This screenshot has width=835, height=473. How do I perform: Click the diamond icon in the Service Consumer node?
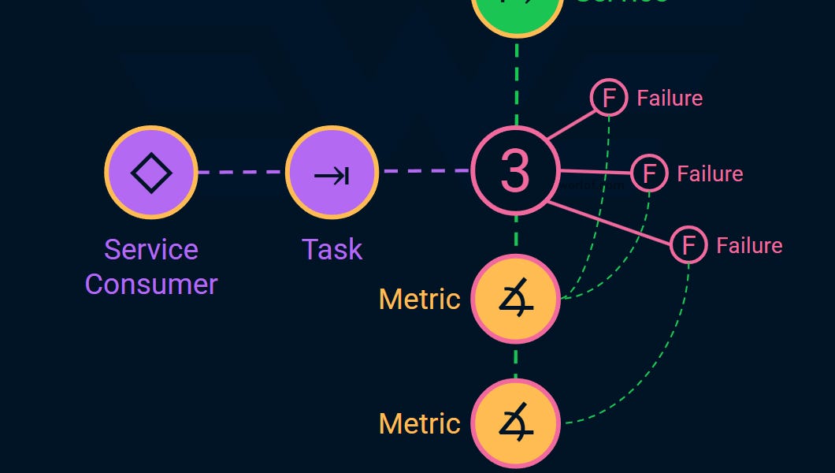tap(151, 172)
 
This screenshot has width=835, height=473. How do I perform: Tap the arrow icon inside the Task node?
tap(332, 173)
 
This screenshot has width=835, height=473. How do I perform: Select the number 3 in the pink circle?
tap(515, 170)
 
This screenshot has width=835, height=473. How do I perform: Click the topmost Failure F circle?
tap(609, 98)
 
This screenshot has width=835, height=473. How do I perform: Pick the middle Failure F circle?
tap(649, 173)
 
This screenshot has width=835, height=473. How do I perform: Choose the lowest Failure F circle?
tap(688, 245)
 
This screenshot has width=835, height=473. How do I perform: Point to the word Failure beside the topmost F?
tap(670, 98)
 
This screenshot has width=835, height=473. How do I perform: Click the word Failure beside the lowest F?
tap(749, 245)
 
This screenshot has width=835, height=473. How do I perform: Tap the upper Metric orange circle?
tap(515, 299)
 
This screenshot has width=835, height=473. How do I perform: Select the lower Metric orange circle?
tap(515, 423)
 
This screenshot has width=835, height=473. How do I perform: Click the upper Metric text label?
tap(419, 299)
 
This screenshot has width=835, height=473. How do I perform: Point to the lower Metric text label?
tap(419, 423)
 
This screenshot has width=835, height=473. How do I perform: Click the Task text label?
tap(332, 249)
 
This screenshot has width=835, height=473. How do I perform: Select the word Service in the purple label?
tap(151, 249)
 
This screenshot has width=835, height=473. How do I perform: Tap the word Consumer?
tap(151, 284)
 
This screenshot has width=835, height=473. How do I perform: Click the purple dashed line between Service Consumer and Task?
tap(240, 172)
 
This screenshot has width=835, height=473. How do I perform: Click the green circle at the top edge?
tap(517, 12)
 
